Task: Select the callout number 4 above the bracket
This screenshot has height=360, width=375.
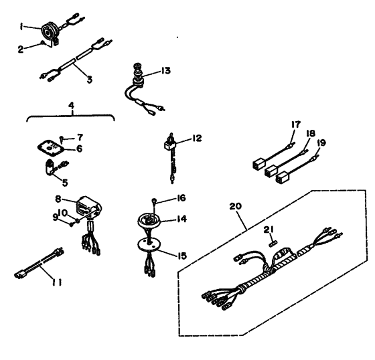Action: pyautogui.click(x=70, y=106)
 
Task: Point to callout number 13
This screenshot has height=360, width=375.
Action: pyautogui.click(x=165, y=70)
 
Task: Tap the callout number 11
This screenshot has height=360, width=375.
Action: pyautogui.click(x=59, y=282)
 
